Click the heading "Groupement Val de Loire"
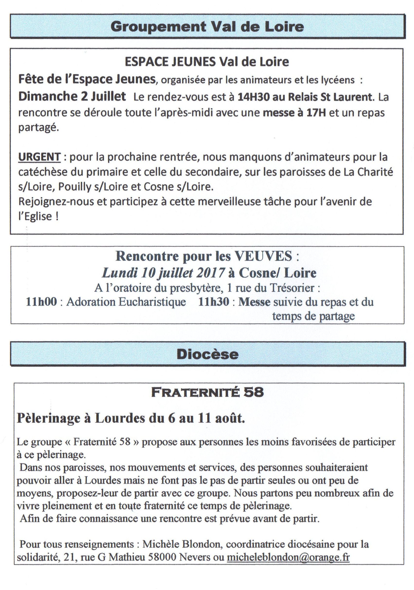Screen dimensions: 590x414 pos(207,27)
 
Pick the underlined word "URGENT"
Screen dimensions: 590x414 pos(39,157)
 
